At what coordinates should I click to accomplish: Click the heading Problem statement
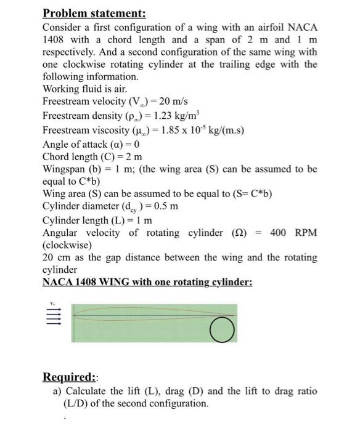point(94,13)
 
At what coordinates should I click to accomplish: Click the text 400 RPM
point(293,233)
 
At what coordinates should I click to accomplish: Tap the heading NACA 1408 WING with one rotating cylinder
point(147,283)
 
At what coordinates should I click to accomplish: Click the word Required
point(68,377)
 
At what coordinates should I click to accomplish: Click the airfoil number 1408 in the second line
point(54,39)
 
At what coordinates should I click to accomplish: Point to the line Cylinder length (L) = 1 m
point(97,220)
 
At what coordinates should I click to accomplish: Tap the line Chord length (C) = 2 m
point(92,156)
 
